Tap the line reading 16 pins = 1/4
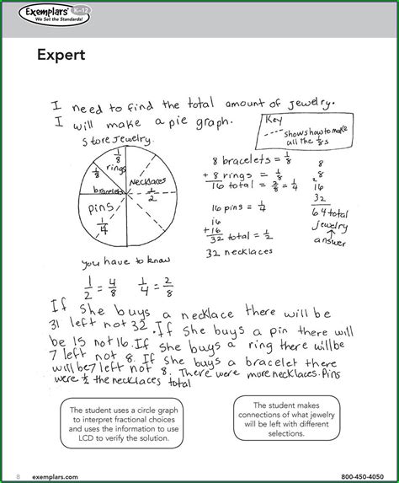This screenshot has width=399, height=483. click(x=239, y=207)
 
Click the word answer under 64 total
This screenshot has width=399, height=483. click(x=324, y=239)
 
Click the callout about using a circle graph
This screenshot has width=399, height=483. click(x=120, y=420)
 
